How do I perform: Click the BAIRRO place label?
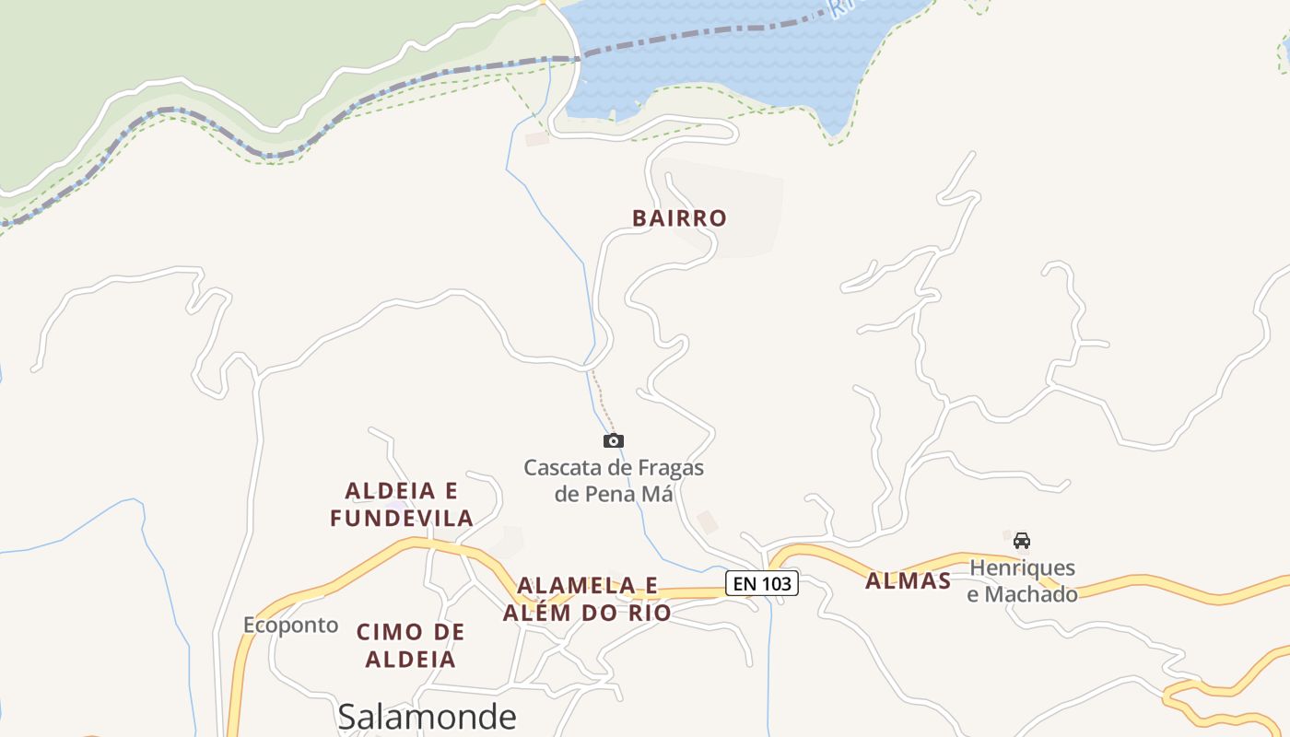[x=679, y=218]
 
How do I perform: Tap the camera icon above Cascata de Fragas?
[x=613, y=441]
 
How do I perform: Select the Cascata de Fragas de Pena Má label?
[x=614, y=481]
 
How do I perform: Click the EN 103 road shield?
[x=761, y=583]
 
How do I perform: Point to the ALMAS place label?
[x=908, y=581]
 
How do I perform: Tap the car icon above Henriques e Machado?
[x=1021, y=540]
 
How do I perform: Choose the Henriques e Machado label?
[x=1022, y=581]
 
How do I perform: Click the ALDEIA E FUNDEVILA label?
[x=402, y=504]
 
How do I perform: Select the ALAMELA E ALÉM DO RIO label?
[x=587, y=599]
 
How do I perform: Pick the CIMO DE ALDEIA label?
[x=410, y=645]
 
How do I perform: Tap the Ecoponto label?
[x=290, y=626]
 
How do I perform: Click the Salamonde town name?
[x=427, y=716]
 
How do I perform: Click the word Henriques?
[x=1022, y=567]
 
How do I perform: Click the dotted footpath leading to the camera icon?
[x=603, y=402]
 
